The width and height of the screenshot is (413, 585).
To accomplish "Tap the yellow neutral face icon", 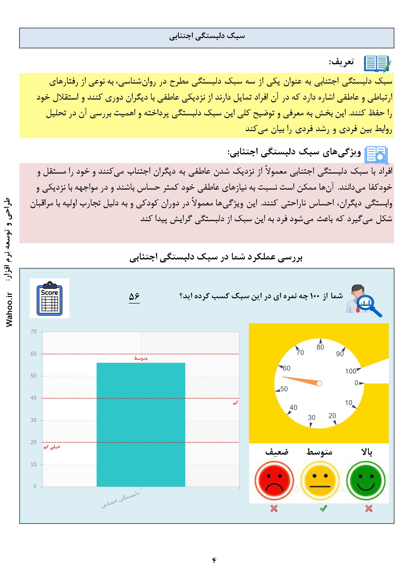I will click(320, 480).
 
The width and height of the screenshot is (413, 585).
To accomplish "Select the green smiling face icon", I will click(366, 480).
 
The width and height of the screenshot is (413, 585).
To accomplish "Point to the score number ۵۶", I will click(134, 297).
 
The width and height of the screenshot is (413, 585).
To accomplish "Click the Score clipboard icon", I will click(49, 298).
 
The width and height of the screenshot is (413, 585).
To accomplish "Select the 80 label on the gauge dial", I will click(320, 347).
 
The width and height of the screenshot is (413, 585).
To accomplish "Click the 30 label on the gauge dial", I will click(312, 417).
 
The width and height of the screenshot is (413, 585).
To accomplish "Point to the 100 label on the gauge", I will click(350, 371).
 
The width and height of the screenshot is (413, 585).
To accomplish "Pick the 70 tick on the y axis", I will click(33, 332).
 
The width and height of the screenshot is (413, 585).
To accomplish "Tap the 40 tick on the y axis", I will click(33, 398).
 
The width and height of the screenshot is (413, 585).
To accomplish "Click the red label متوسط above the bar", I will click(141, 358).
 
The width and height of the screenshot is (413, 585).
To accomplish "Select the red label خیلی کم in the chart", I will click(52, 447).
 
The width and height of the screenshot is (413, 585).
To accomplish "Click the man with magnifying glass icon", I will click(364, 300).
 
